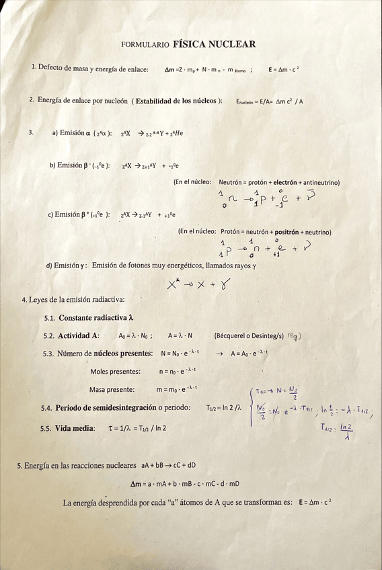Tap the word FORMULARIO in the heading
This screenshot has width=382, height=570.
click(x=145, y=45)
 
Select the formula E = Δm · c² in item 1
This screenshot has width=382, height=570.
click(x=283, y=69)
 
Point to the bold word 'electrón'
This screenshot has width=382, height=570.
click(x=284, y=183)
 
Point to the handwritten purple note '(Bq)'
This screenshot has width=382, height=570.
click(x=293, y=336)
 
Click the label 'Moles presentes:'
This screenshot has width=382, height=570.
click(x=116, y=371)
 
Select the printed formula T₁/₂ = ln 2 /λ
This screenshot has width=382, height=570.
click(x=223, y=407)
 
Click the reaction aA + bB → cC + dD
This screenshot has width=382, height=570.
click(x=168, y=464)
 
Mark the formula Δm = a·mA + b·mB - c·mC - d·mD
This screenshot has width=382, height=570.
click(x=185, y=484)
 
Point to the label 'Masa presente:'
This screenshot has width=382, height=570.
click(x=112, y=389)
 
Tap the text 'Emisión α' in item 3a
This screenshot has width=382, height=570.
click(x=75, y=132)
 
